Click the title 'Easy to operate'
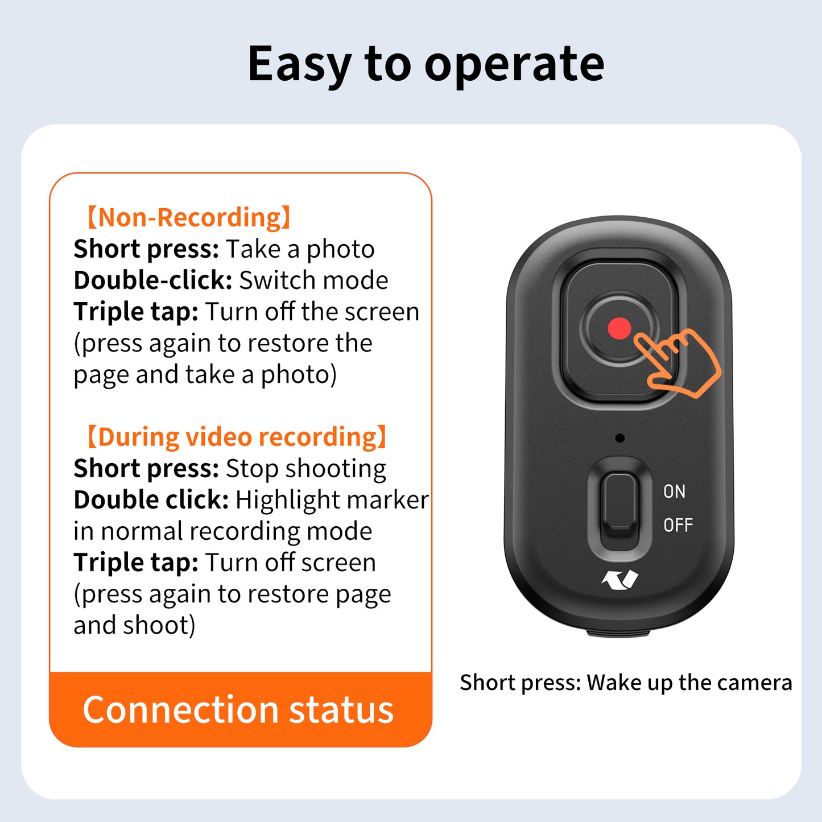point(426,64)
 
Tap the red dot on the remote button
point(619,328)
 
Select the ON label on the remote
point(675,491)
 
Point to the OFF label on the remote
point(678,524)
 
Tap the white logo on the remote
point(619,580)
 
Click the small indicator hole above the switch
point(619,437)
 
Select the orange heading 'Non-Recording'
point(189,217)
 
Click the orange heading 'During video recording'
point(237,437)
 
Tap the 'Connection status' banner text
point(238,709)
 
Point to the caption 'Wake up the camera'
point(689,683)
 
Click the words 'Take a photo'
point(300,249)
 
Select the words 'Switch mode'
point(313,280)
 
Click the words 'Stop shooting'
point(306,469)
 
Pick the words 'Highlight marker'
point(332,500)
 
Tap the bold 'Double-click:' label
point(153,280)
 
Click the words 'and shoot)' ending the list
point(135,625)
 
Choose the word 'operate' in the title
point(514,64)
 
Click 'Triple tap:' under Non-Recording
point(136,312)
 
